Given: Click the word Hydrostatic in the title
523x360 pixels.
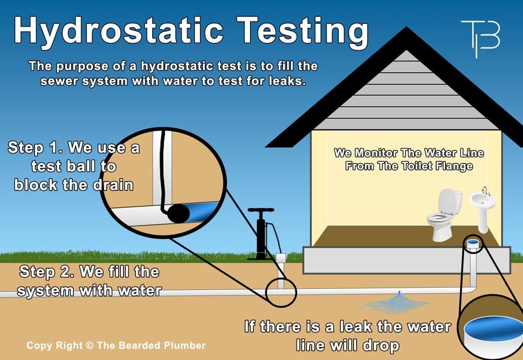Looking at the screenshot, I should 123,30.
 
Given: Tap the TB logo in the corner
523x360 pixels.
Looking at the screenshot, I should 480,38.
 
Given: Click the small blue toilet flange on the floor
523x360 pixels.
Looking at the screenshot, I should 473,242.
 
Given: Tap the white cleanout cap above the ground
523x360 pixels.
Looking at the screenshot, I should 281,258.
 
